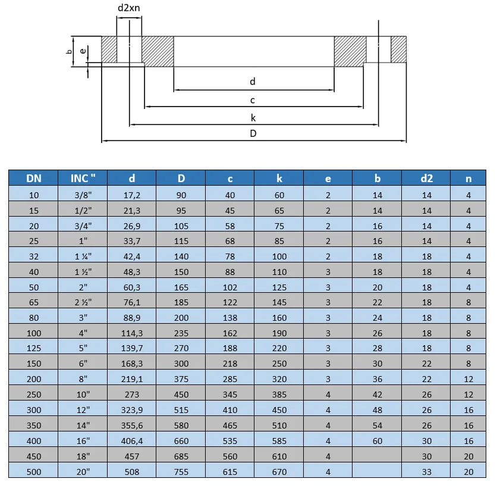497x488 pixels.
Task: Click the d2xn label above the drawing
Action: [x=129, y=8]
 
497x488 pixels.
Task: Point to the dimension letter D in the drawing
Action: [x=253, y=133]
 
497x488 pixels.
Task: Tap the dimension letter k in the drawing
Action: [x=253, y=118]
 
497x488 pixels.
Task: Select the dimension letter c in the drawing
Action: [x=253, y=100]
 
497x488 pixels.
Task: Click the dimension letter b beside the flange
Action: [x=69, y=52]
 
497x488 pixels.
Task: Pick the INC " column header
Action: [x=83, y=178]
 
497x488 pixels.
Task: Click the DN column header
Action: [x=33, y=178]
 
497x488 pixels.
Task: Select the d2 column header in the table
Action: [x=426, y=178]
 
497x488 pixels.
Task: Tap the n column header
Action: [x=468, y=178]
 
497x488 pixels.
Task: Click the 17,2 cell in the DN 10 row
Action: [x=131, y=195]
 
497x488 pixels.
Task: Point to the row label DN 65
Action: [x=33, y=302]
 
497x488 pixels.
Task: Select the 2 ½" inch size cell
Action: [x=83, y=302]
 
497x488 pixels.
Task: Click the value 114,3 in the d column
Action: [x=131, y=333]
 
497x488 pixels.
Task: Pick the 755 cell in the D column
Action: [x=181, y=472]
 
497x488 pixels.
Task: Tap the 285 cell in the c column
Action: [x=229, y=379]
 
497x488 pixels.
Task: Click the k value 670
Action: [x=279, y=472]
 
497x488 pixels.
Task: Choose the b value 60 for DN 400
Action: [x=377, y=441]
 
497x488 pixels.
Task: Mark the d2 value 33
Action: [x=426, y=472]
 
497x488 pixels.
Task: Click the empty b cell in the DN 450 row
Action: [x=377, y=456]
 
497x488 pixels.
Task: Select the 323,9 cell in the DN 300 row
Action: [x=131, y=410]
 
